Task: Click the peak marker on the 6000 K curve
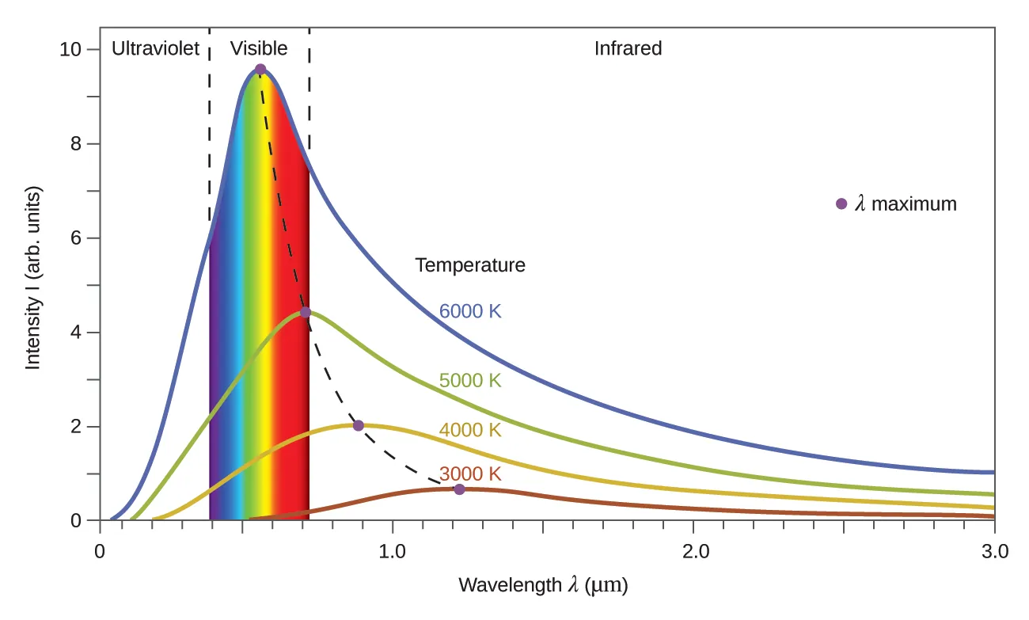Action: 260,70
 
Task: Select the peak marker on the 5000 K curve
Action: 306,312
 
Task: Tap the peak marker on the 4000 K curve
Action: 358,425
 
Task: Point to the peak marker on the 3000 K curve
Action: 459,489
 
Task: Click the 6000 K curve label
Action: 470,311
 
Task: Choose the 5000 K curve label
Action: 470,381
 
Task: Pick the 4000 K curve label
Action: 470,430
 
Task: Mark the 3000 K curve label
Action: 470,474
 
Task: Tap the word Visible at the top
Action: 259,49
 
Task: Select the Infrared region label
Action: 628,49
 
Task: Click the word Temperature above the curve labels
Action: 470,265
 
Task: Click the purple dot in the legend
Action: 841,203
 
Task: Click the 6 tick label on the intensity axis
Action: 75,238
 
